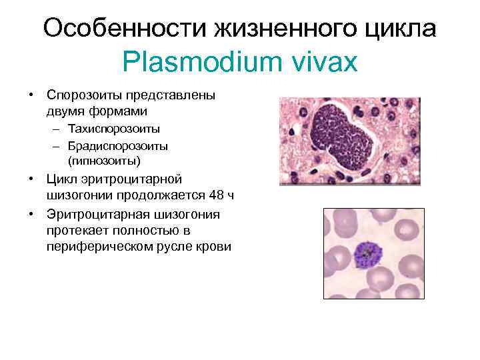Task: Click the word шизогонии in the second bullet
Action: (x=78, y=196)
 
